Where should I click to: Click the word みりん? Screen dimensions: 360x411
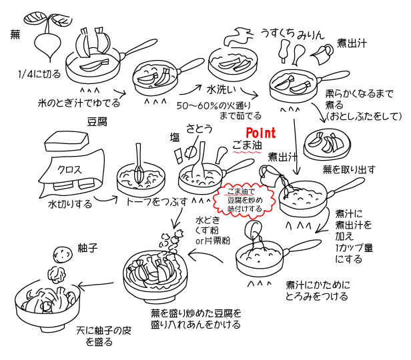tap(312, 34)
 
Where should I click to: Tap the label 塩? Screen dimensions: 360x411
tap(175, 137)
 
